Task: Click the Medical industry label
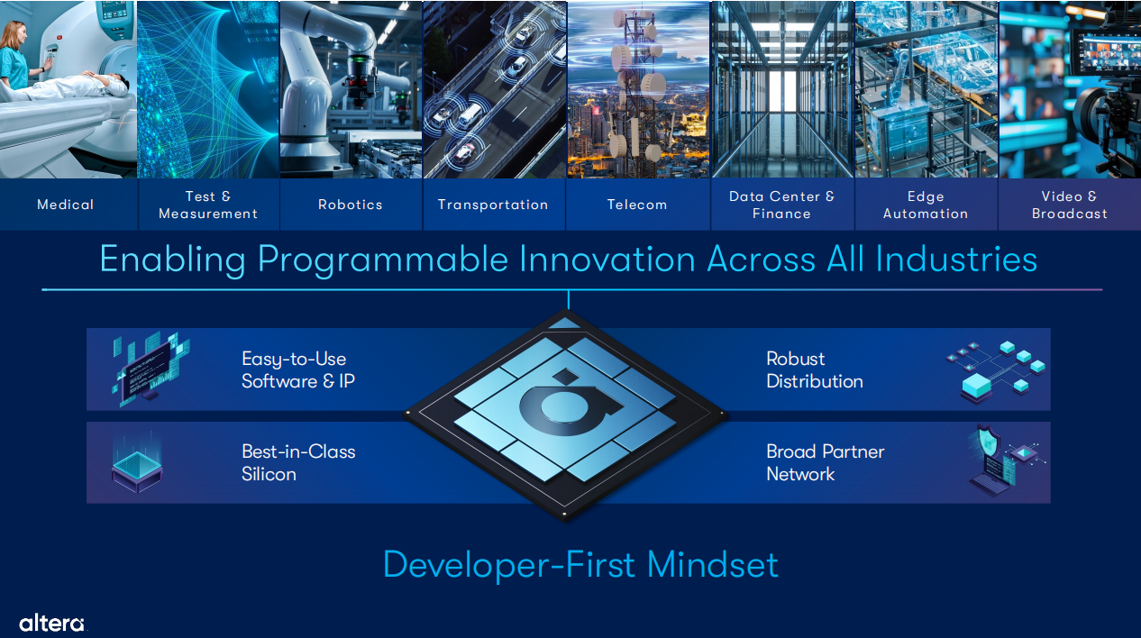(65, 205)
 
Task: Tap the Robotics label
(351, 205)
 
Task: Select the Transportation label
(493, 205)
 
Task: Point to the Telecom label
(637, 205)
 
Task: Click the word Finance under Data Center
(781, 214)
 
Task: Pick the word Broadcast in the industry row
(1070, 214)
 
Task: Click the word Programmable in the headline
(383, 260)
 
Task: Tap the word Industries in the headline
(956, 260)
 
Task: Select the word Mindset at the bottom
(713, 565)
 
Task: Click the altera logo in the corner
(52, 624)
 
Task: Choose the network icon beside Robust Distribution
(996, 371)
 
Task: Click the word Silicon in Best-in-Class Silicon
(269, 475)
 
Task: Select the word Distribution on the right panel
(815, 381)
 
